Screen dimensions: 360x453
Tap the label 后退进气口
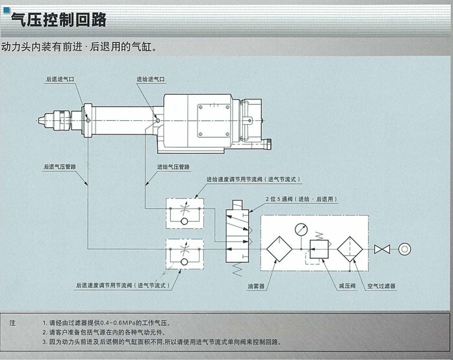(x=60, y=79)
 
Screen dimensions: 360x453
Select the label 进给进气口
(x=151, y=79)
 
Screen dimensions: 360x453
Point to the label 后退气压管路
(x=60, y=167)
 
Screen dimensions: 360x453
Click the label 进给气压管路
(x=174, y=167)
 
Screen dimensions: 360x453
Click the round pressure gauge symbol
(x=300, y=229)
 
